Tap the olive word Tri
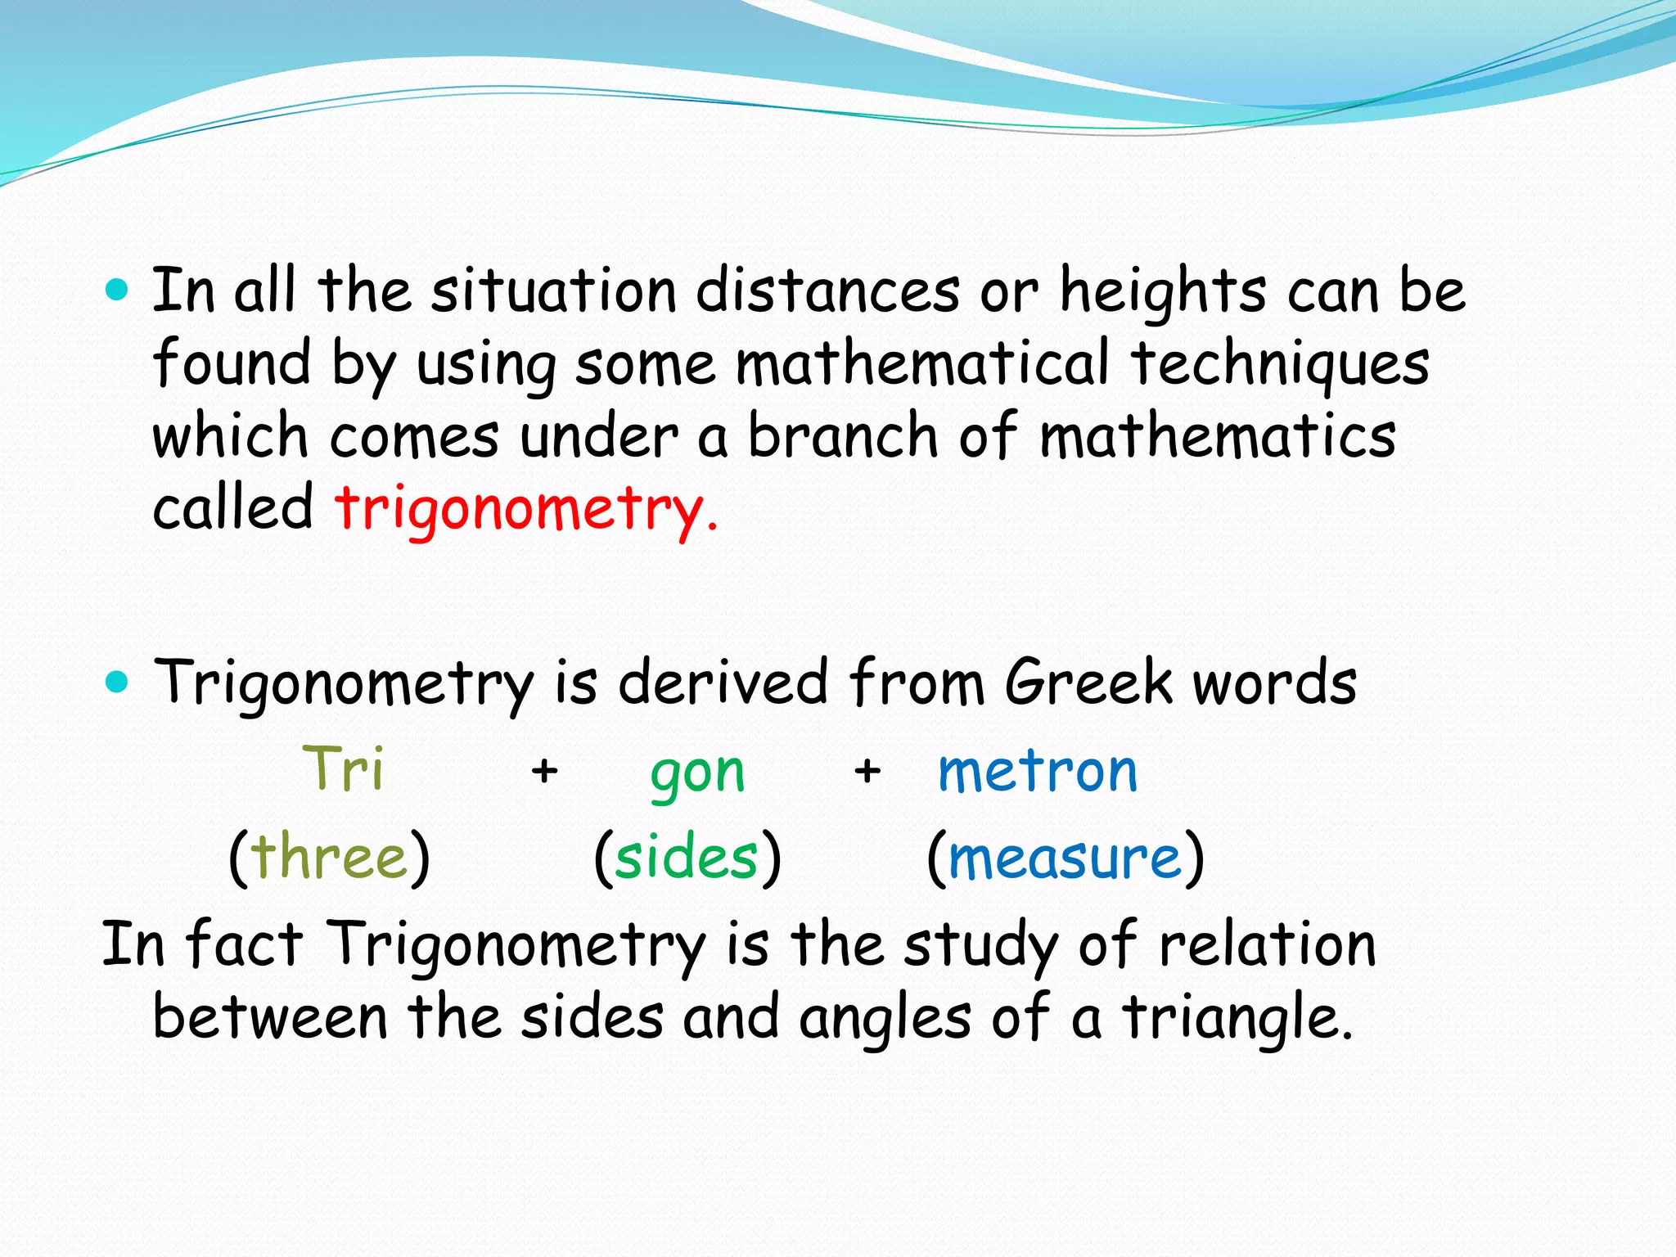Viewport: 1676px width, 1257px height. tap(343, 769)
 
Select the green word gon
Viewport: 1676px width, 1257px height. tap(697, 773)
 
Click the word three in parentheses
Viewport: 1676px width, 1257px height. tap(329, 858)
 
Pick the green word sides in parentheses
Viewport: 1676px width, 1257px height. tap(687, 858)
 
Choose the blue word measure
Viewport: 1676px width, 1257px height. tap(1065, 858)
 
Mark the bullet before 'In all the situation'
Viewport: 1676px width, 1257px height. tap(118, 290)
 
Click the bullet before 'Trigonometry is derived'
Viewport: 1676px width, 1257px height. tap(118, 681)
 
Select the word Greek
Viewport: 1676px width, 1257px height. tap(1088, 683)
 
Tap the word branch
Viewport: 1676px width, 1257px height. tap(843, 436)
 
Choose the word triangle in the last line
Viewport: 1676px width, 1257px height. tap(1236, 1019)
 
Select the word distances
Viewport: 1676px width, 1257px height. tap(827, 291)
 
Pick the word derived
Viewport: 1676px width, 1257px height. tap(723, 683)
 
